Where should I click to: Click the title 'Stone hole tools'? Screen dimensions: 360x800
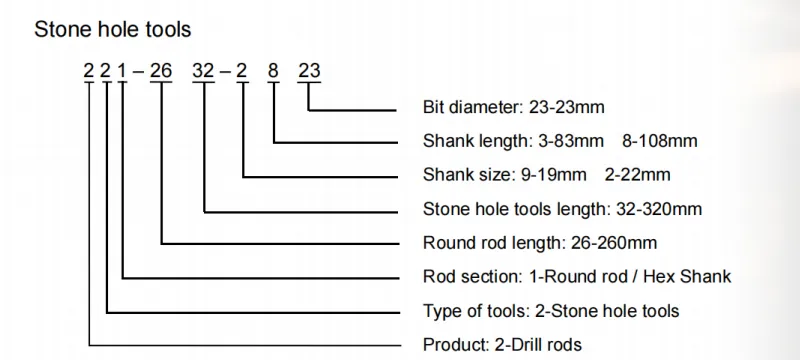click(112, 31)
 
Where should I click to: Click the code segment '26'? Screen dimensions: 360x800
click(161, 72)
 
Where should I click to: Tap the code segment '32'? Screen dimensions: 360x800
click(204, 72)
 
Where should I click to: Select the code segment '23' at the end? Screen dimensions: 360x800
click(309, 72)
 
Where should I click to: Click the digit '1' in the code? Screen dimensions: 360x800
click(123, 72)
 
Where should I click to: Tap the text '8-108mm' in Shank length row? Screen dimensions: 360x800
click(664, 141)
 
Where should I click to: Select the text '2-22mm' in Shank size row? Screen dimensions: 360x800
click(638, 175)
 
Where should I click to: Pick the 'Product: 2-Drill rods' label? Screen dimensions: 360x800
click(503, 345)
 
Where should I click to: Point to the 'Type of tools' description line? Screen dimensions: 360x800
click(552, 311)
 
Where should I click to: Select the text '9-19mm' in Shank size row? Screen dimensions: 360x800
click(555, 175)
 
